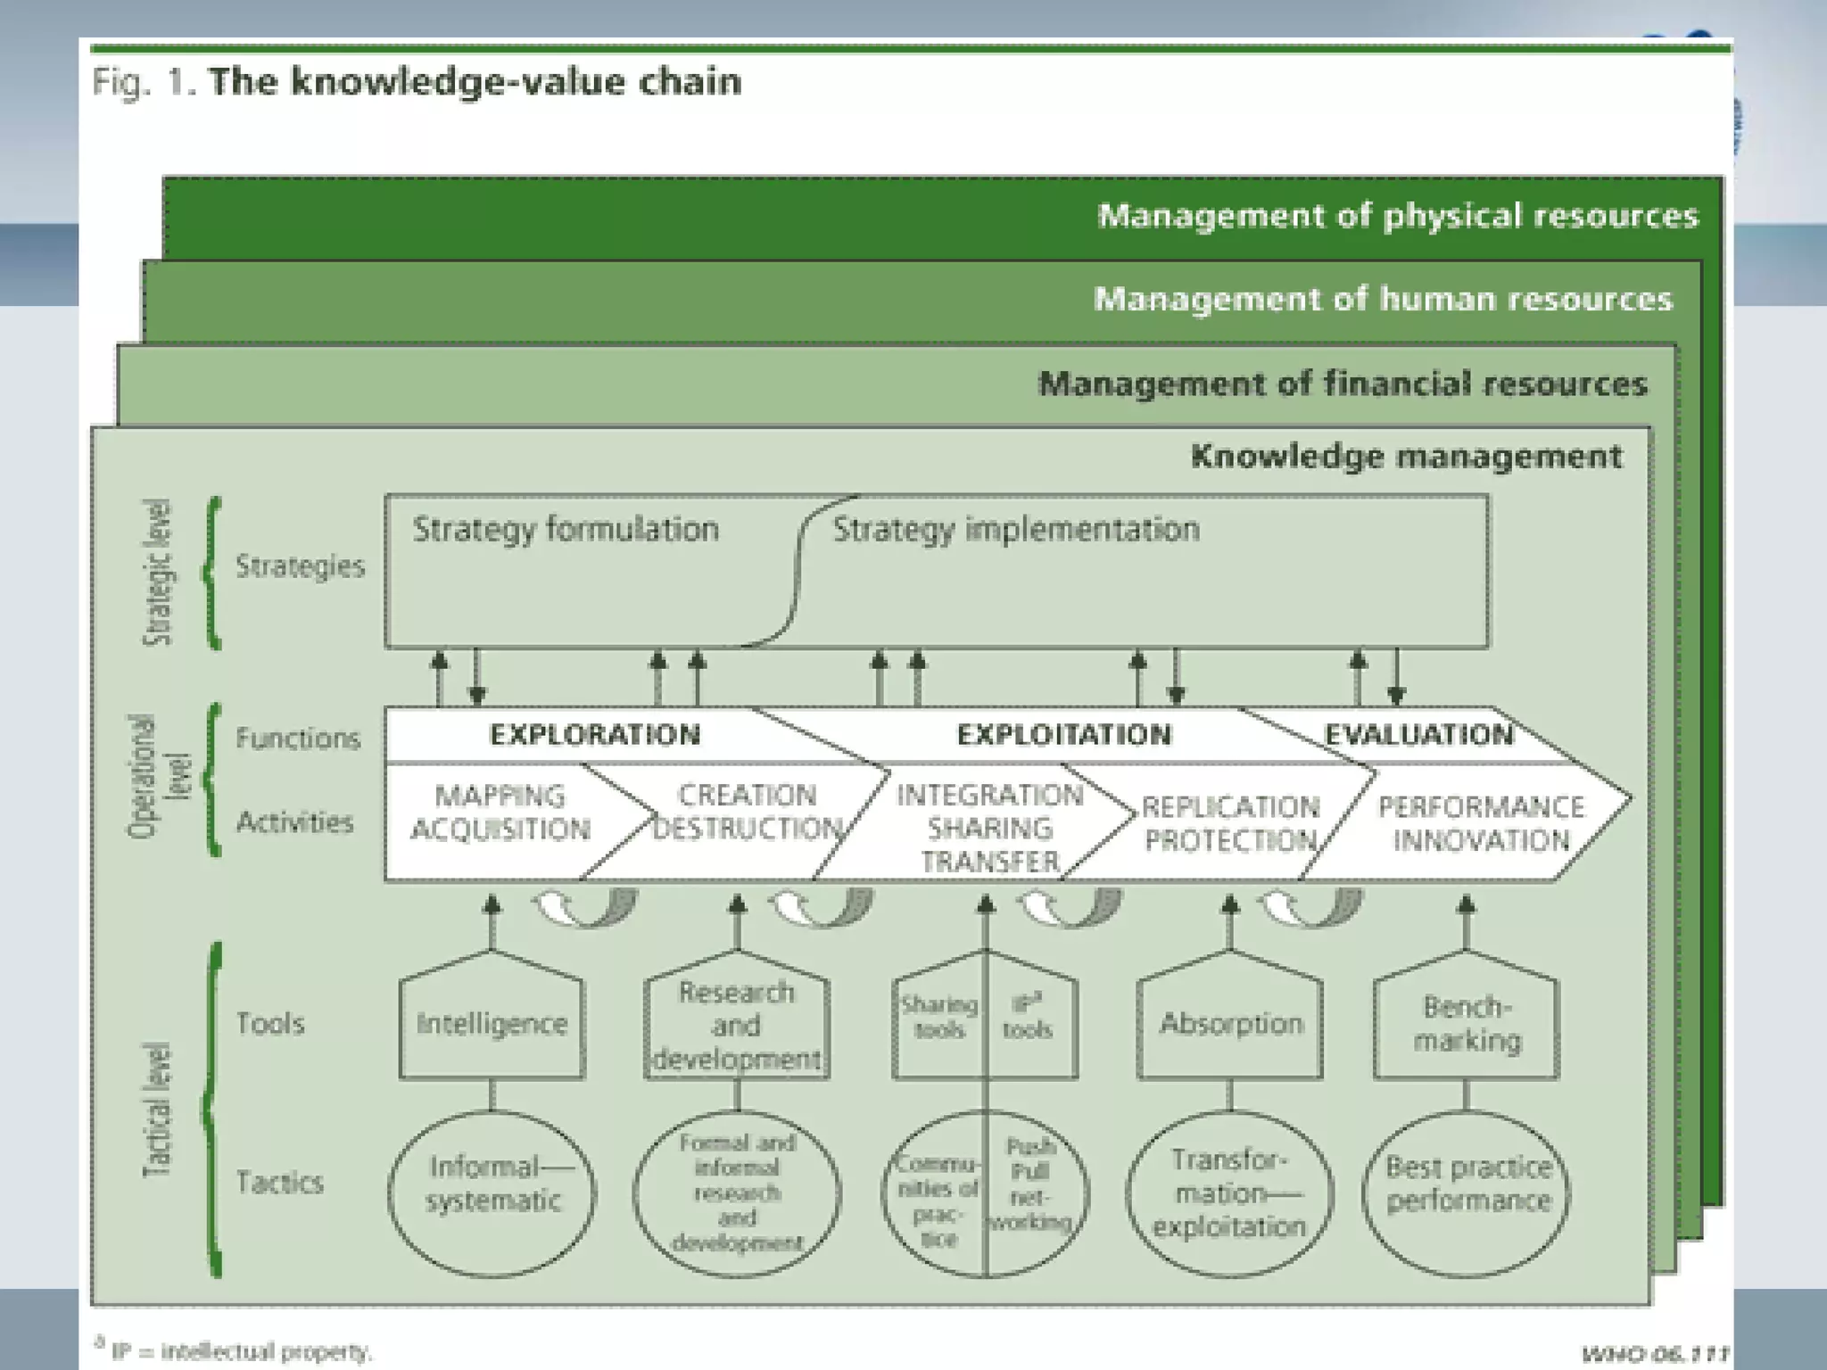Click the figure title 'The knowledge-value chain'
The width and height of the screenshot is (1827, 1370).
coord(475,82)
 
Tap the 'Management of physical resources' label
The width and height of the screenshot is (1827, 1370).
coord(1397,216)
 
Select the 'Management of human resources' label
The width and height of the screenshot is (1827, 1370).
coord(1383,299)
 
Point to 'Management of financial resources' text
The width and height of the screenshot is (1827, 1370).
coord(1343,384)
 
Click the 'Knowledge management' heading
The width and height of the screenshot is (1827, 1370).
coord(1406,457)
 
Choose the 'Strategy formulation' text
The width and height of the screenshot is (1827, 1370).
coord(566,529)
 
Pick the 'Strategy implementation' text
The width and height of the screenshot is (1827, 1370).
coord(1016,529)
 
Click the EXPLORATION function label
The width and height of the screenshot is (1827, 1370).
coord(595,734)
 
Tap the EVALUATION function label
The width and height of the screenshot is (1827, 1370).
coord(1418,734)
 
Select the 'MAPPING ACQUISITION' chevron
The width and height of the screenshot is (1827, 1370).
coord(500,813)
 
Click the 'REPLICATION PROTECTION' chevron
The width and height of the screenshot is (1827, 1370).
coord(1230,823)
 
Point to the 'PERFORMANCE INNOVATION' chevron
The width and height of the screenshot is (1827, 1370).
coord(1481,823)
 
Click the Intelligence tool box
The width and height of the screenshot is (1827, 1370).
coord(492,1023)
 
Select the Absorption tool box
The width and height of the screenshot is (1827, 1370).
coord(1231,1023)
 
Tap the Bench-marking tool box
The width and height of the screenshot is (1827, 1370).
coord(1467,1023)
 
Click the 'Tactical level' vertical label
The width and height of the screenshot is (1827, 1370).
coord(158,1110)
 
